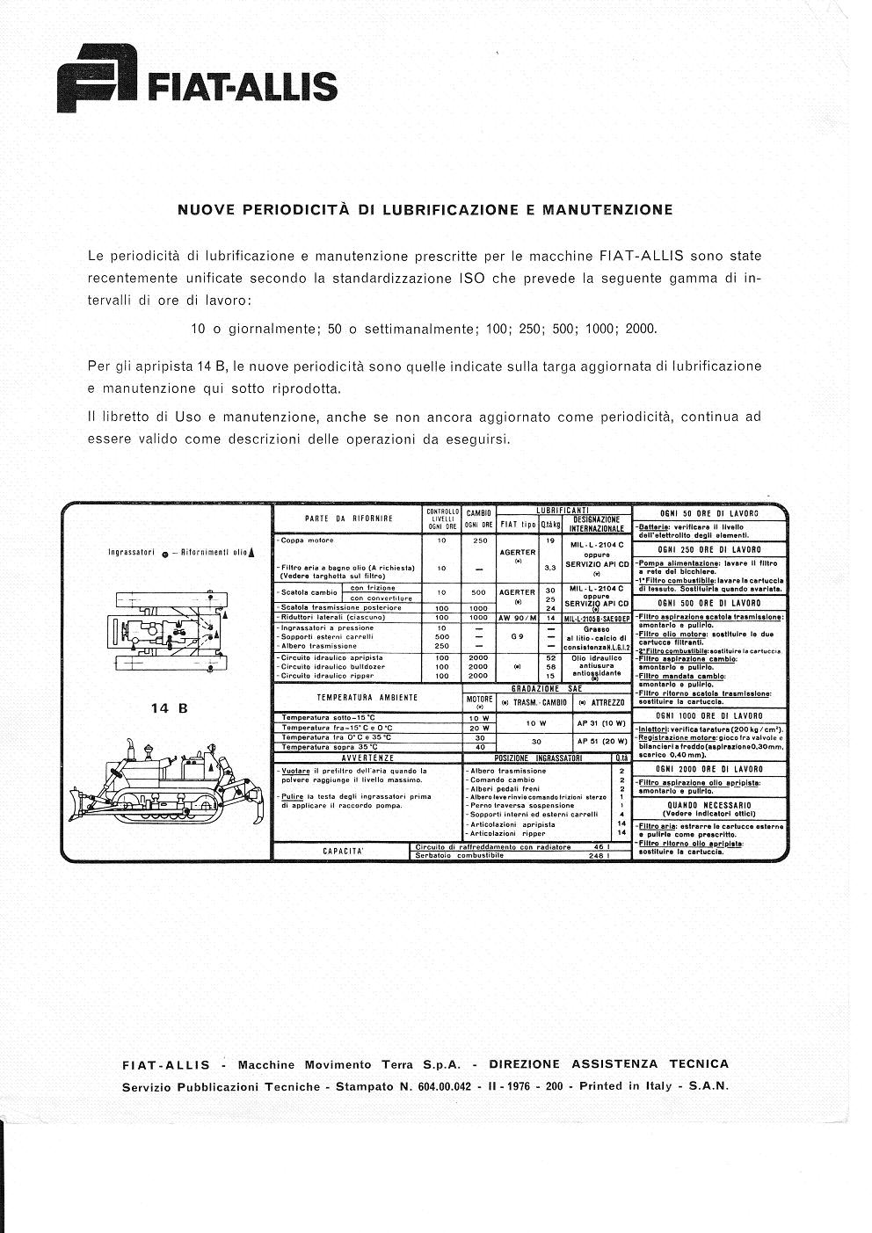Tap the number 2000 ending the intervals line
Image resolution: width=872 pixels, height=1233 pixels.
click(642, 330)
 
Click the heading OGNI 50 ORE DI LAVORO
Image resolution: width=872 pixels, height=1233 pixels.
click(709, 513)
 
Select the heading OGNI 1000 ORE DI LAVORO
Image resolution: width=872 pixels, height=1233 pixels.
click(709, 717)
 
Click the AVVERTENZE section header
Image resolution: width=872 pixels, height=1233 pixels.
click(367, 758)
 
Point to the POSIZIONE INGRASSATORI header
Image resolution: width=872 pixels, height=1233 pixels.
click(538, 758)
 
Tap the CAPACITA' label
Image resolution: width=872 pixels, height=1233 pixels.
click(343, 851)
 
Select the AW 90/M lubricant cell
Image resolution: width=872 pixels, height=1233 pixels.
click(518, 618)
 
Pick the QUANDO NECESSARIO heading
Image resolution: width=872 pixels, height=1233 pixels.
click(709, 804)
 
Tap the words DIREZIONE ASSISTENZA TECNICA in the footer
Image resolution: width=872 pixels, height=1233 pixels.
click(608, 1064)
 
